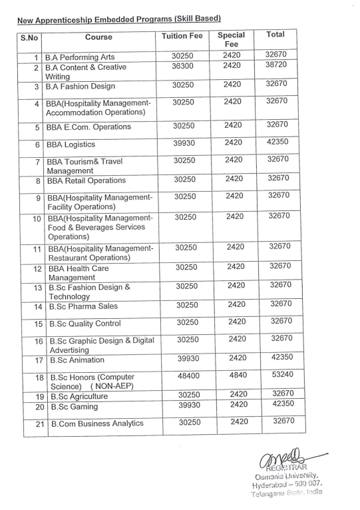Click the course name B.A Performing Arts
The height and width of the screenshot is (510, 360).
tap(84, 57)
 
